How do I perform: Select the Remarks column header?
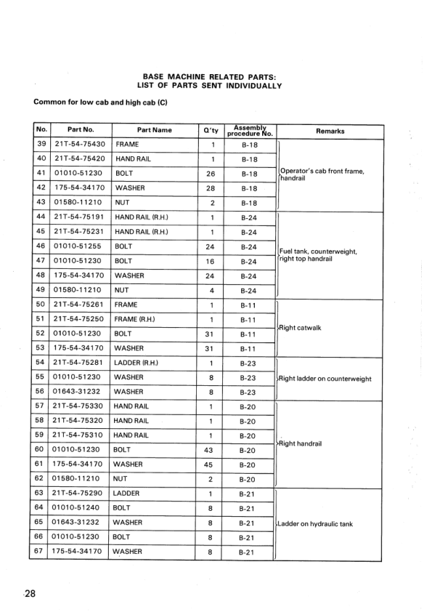(330, 131)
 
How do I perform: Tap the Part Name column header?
(154, 131)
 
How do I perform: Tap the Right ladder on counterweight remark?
(325, 379)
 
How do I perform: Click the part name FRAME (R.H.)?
(136, 320)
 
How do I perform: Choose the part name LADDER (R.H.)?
(138, 363)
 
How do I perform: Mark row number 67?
(41, 552)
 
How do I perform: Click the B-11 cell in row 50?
(250, 305)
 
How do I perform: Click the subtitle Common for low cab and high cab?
(101, 102)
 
